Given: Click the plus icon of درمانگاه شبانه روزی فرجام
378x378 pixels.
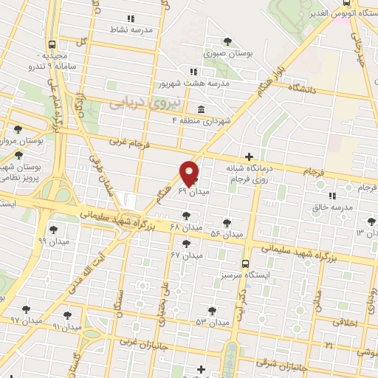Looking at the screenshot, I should [250, 157].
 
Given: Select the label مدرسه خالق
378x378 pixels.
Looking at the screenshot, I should [331, 207].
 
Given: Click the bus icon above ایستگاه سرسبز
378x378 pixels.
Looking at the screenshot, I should [246, 264].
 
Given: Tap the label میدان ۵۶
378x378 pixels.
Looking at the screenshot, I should [227, 234].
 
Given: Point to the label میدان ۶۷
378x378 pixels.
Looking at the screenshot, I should [186, 255].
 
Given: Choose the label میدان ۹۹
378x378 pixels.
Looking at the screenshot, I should [52, 241].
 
